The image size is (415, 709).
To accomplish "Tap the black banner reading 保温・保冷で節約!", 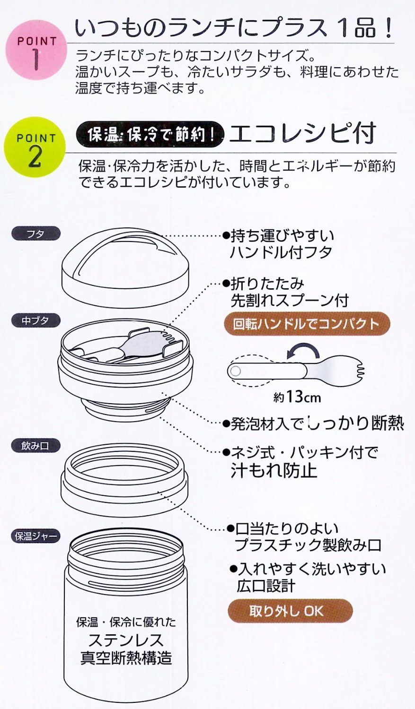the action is pos(150,135).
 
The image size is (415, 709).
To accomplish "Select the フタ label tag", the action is pos(35,234).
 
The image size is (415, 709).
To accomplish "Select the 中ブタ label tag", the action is pos(35,320).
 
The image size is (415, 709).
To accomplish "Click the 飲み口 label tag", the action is pos(35,446).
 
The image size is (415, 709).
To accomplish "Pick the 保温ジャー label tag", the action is pos(35,536).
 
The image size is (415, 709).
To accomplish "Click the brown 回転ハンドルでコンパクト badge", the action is pos(307,323).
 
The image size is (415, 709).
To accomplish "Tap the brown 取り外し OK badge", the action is pos(290,611).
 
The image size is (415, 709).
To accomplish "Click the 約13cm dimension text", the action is pos(297,397).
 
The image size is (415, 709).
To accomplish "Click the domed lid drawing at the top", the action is pos(126,268).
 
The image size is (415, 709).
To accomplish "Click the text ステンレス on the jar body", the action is pos(126,640).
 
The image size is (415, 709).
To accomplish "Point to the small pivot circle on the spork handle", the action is pos(235,371).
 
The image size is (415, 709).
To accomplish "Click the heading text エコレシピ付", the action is pos(302,133).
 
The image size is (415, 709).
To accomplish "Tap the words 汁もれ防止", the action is pos(274,470).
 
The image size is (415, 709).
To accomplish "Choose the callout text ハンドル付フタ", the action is pos(281,252).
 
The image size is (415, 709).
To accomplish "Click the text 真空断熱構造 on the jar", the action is pos(126,658).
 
